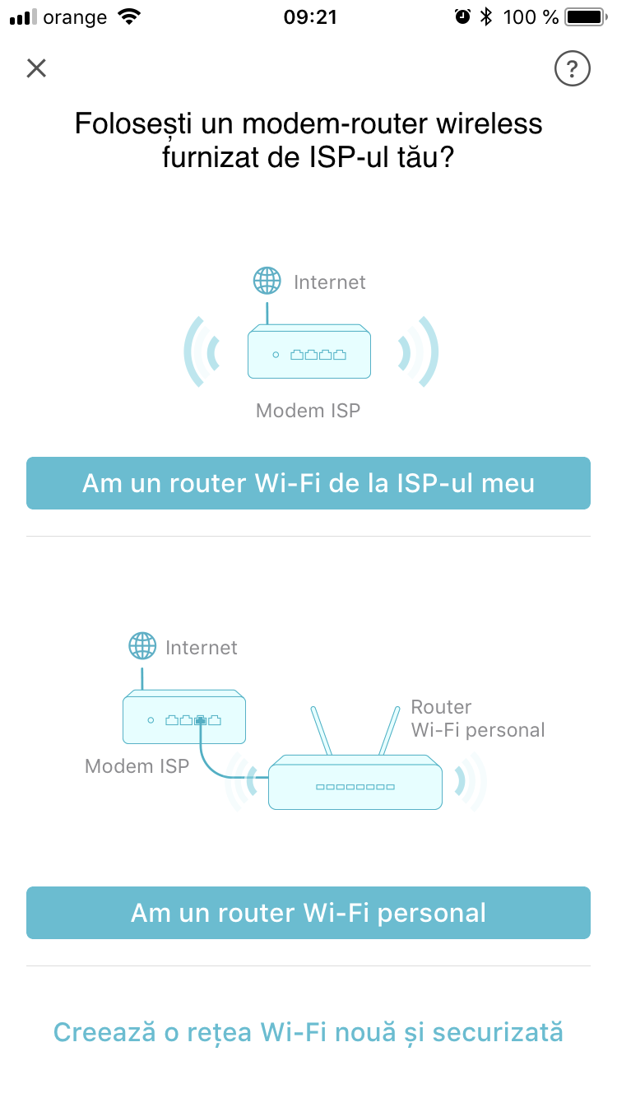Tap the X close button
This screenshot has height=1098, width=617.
(x=36, y=68)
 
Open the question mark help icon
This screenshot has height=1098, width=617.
(x=572, y=68)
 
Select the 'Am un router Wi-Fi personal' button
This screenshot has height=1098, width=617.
(x=308, y=913)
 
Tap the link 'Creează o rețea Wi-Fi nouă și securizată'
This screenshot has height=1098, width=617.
(x=308, y=1032)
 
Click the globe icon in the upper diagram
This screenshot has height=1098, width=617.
(x=267, y=281)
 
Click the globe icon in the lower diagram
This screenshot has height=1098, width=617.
(x=142, y=645)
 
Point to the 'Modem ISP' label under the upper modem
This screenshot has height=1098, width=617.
(x=308, y=411)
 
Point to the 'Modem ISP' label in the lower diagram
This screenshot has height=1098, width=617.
(x=137, y=766)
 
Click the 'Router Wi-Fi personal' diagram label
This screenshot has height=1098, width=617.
(x=478, y=719)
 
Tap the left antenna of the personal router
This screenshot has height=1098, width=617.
(x=322, y=730)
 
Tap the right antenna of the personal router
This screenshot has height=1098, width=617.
(x=389, y=730)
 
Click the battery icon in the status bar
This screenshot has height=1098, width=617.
(x=586, y=17)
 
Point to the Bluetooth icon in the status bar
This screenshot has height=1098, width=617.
(x=485, y=17)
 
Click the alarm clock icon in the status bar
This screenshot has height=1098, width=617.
(x=462, y=16)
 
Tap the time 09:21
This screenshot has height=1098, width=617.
(x=310, y=17)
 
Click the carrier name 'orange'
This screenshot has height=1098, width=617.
(x=75, y=18)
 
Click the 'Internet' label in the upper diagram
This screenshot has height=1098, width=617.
(x=329, y=282)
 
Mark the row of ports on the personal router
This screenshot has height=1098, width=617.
(x=355, y=787)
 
